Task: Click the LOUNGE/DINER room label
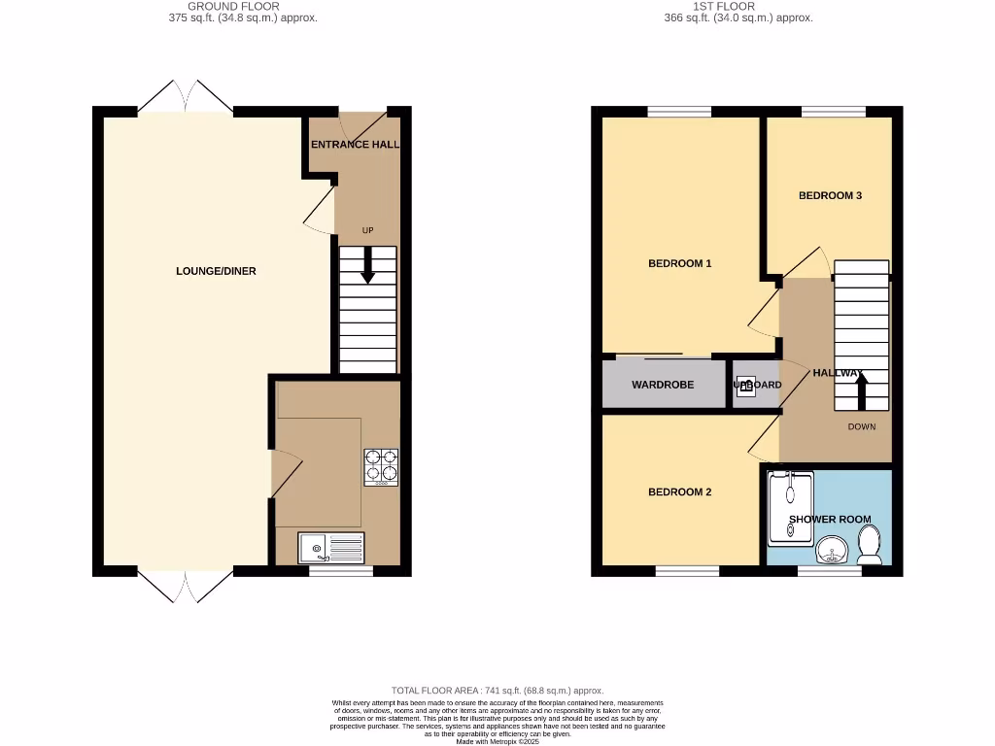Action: click(216, 271)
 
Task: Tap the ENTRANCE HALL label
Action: click(355, 145)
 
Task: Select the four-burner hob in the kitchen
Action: click(381, 466)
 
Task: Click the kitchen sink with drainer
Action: click(331, 548)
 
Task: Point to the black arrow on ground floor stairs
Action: click(367, 265)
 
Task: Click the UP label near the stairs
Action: click(367, 230)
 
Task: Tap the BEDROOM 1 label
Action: click(680, 263)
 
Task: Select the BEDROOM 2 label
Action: click(680, 492)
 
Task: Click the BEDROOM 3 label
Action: click(830, 195)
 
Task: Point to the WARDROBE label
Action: click(663, 385)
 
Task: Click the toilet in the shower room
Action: click(870, 545)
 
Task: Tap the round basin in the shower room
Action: click(831, 551)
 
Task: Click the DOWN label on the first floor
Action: click(862, 426)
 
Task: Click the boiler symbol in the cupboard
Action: click(745, 385)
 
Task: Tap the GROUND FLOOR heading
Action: click(233, 6)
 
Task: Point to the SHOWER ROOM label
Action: click(830, 520)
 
